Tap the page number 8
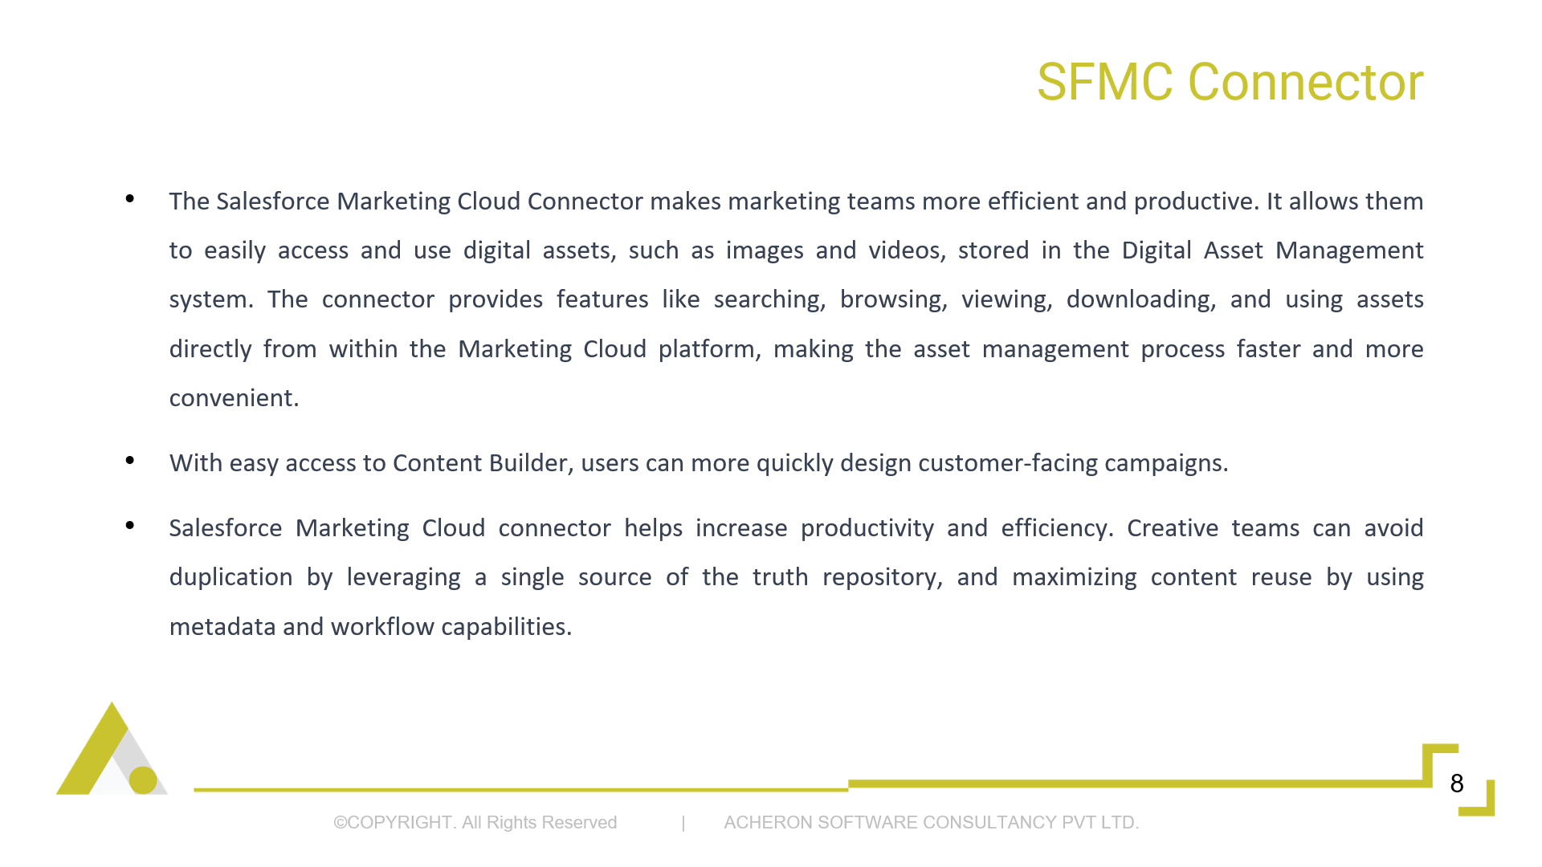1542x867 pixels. pyautogui.click(x=1457, y=783)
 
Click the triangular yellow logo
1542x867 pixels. pyautogui.click(x=112, y=749)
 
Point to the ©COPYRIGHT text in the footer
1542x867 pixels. pyautogui.click(x=395, y=822)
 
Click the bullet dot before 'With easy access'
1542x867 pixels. pyautogui.click(x=130, y=460)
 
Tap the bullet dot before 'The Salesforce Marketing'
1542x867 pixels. pyautogui.click(x=130, y=198)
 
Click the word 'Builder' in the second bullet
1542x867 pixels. pyautogui.click(x=531, y=463)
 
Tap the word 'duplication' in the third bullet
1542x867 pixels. pyautogui.click(x=230, y=577)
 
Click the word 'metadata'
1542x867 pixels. pyautogui.click(x=222, y=627)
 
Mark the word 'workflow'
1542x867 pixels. pyautogui.click(x=382, y=627)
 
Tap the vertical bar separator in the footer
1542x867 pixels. pyautogui.click(x=683, y=823)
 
